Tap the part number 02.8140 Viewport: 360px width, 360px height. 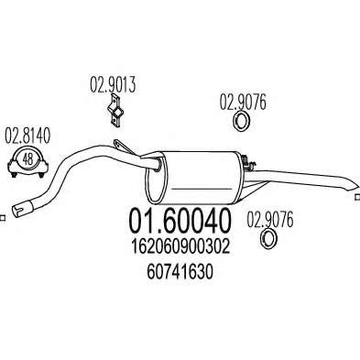[27, 136]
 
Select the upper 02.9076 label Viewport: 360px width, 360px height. [243, 103]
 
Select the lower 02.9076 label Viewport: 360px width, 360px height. [270, 220]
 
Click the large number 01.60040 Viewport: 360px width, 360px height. [180, 220]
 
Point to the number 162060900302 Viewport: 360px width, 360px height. [180, 247]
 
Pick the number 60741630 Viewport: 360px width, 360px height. [180, 272]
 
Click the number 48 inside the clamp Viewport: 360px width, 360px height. [27, 159]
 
